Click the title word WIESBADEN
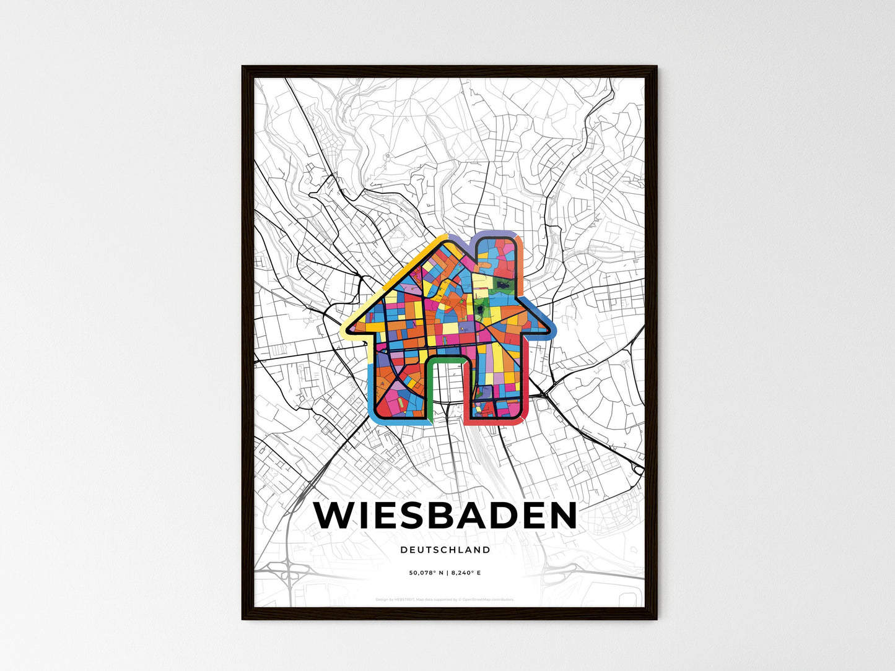point(445,515)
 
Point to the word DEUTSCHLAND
point(445,550)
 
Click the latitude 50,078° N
point(427,573)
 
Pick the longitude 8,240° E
point(465,573)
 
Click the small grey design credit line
point(445,599)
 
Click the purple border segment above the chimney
point(496,235)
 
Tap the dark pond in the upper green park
point(501,285)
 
